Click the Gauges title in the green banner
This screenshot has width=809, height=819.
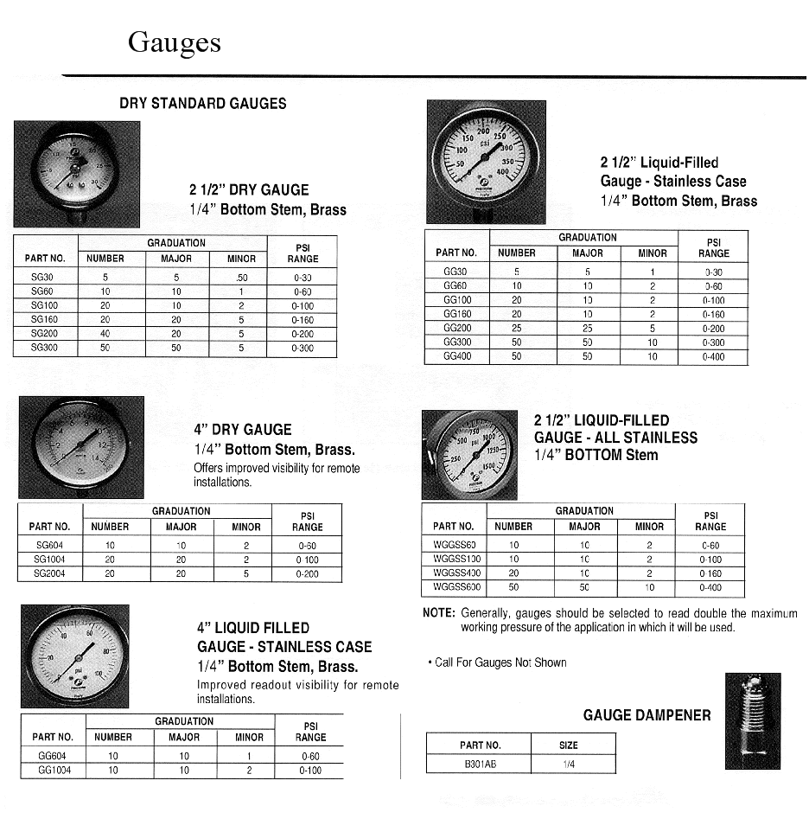tap(174, 42)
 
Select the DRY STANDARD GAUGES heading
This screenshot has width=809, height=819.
tap(202, 104)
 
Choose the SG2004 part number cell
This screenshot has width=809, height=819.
tap(48, 573)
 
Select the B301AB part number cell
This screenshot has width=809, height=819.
tap(480, 765)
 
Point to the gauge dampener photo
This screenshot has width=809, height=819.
tap(753, 721)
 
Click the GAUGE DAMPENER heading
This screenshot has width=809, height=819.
tap(647, 715)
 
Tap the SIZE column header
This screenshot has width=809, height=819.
tap(569, 745)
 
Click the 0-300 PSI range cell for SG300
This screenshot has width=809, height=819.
tap(303, 349)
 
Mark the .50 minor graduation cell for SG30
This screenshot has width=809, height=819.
tap(241, 277)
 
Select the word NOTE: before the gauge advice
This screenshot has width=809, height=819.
tap(438, 613)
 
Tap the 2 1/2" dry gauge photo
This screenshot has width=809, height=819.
tap(76, 171)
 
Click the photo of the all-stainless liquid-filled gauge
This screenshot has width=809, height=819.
tap(469, 454)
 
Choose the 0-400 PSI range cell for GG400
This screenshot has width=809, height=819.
tap(714, 356)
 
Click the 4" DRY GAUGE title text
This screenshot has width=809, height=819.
tap(243, 430)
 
